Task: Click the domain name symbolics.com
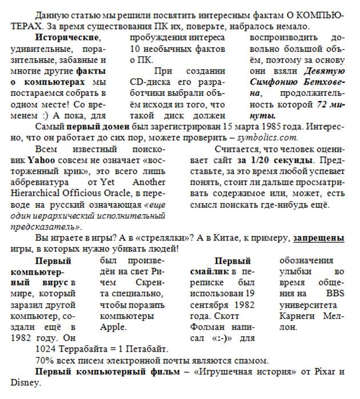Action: (267, 138)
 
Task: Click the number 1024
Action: (46, 348)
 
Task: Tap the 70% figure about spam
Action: (45, 360)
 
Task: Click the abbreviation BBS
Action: (333, 293)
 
